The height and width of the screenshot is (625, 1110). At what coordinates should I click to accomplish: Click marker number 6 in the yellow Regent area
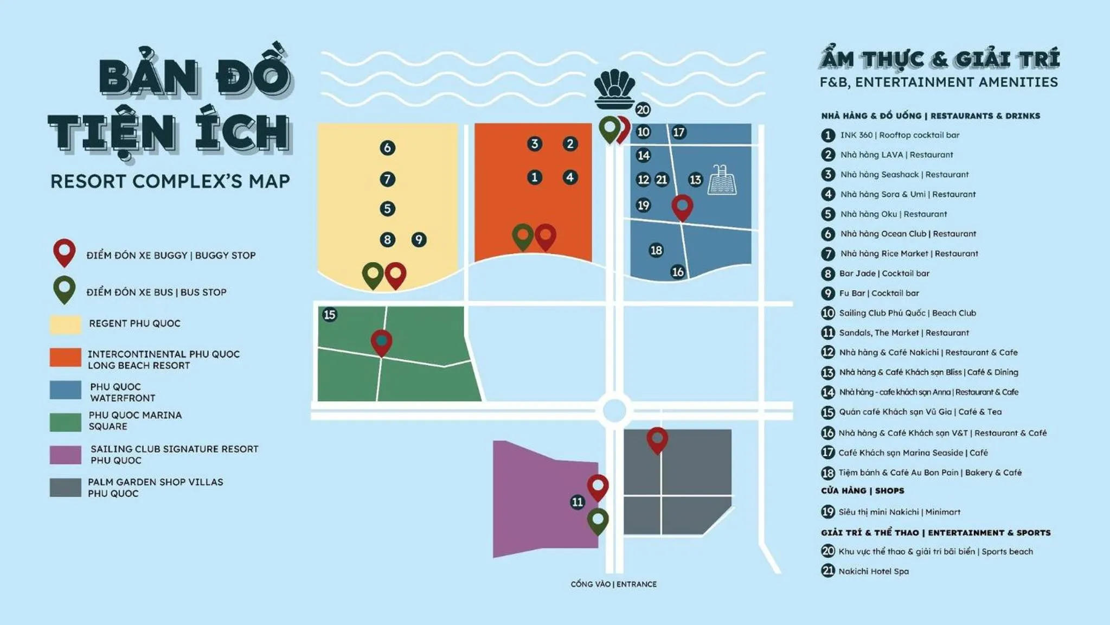[387, 148]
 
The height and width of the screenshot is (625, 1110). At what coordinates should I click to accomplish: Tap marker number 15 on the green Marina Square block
[329, 315]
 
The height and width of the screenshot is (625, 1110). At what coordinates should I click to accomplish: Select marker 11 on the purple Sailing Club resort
[578, 502]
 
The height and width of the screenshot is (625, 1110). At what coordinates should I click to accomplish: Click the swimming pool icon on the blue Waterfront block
[722, 180]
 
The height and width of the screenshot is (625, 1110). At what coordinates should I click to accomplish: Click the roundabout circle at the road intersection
[614, 410]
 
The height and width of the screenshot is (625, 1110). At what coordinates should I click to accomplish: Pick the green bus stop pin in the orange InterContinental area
[523, 236]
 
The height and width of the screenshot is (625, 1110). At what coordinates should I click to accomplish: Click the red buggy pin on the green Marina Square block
[381, 341]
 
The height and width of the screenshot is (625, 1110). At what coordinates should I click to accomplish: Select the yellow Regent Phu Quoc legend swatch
[66, 324]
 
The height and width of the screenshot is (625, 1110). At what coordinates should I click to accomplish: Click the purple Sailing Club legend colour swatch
[66, 455]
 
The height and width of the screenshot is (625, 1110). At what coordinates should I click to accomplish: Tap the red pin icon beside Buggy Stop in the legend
[64, 252]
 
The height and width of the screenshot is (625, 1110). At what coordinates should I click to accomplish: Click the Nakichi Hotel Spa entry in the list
[873, 571]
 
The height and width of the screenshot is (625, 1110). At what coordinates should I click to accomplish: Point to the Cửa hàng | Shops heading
[862, 490]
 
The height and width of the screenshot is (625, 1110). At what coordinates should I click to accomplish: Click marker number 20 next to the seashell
[643, 110]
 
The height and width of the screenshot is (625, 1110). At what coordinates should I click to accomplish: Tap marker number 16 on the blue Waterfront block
[678, 272]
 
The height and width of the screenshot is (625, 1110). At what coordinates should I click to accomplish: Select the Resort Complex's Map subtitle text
[170, 181]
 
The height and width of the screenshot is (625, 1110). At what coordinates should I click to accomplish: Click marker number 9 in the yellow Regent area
[419, 239]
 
